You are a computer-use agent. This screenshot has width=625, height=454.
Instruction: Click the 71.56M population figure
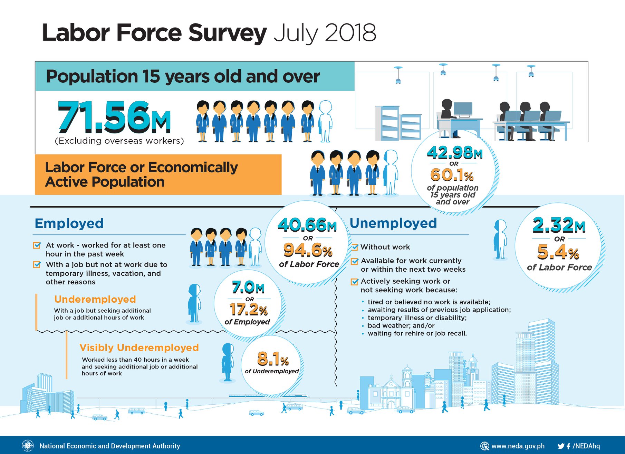click(114, 117)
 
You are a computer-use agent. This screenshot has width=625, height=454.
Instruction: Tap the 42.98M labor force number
click(455, 152)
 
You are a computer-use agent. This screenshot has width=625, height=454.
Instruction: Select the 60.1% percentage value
click(452, 175)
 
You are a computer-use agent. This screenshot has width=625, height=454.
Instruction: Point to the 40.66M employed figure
click(307, 225)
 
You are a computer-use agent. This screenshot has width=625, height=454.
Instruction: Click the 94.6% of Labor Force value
click(308, 250)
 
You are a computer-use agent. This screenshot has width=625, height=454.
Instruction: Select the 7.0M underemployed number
click(248, 287)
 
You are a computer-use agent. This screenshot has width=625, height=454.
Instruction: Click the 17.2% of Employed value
click(249, 309)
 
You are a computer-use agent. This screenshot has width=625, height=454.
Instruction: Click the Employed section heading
click(69, 223)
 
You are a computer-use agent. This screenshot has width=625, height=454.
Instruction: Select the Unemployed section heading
click(393, 223)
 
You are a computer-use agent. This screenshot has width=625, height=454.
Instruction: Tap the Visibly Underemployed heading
click(139, 347)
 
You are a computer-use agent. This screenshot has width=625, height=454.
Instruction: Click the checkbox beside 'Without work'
click(355, 247)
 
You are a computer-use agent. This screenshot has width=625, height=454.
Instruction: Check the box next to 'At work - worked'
click(37, 245)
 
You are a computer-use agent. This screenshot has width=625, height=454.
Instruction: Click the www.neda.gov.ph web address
click(518, 446)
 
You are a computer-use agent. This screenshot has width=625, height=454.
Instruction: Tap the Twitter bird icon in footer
click(561, 446)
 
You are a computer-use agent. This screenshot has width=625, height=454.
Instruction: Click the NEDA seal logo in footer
click(28, 446)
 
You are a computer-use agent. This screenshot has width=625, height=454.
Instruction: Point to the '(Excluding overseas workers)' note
click(119, 141)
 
